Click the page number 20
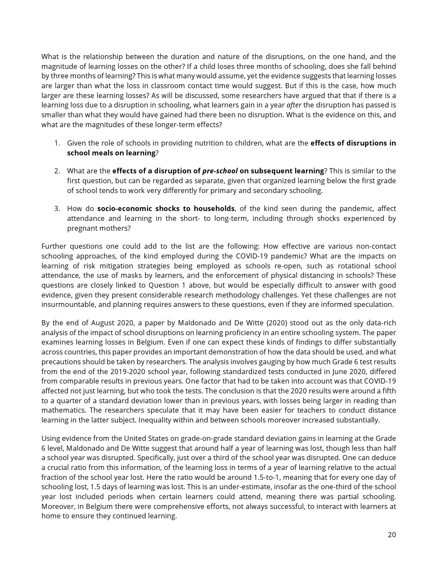[x=392, y=535]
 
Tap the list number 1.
[x=57, y=143]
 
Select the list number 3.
[x=57, y=208]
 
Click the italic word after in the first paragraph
[x=293, y=105]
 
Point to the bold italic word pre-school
[x=220, y=171]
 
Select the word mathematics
[x=64, y=410]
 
